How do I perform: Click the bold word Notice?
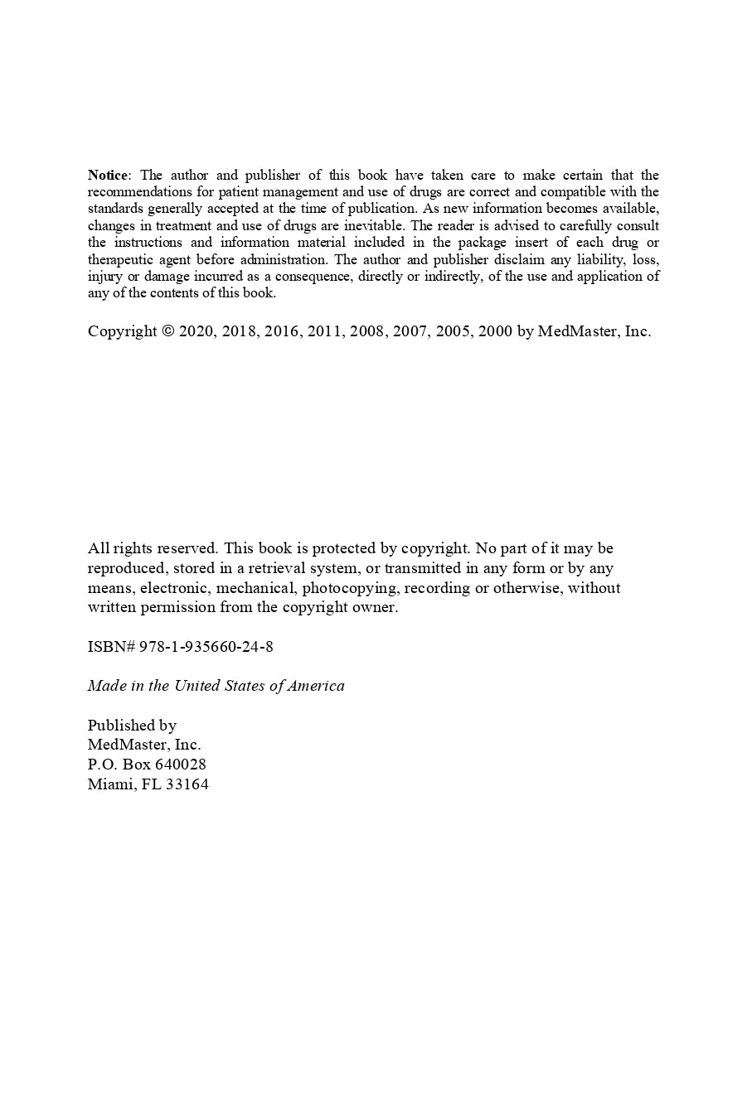click(108, 175)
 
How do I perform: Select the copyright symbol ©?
click(167, 331)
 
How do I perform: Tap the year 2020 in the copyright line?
click(196, 331)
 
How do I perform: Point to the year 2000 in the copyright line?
click(495, 331)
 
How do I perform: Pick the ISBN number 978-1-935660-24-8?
click(206, 647)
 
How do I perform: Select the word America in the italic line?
click(316, 686)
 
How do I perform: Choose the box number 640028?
click(181, 764)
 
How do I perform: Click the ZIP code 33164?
click(187, 784)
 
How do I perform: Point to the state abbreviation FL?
click(151, 784)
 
